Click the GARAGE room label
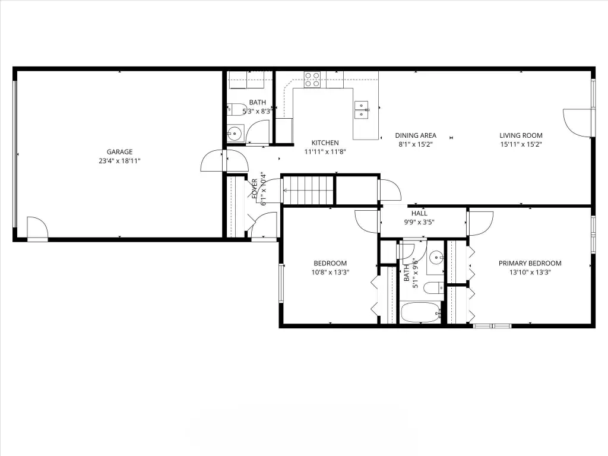[x=119, y=152]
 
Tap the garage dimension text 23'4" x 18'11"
[x=119, y=161]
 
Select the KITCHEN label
[x=325, y=142]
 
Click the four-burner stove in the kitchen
[x=312, y=79]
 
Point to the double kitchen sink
[x=362, y=109]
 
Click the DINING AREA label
[x=416, y=135]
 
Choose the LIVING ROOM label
[x=521, y=135]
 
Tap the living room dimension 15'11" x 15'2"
[x=521, y=144]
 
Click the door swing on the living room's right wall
[x=577, y=122]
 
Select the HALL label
[x=419, y=213]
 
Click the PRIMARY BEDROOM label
[x=530, y=263]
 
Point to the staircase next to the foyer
[x=309, y=190]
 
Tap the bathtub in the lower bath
[x=421, y=312]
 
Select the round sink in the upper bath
[x=235, y=134]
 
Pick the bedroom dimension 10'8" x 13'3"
[x=330, y=272]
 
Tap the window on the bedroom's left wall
[x=281, y=283]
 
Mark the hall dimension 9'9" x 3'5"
[x=419, y=222]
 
